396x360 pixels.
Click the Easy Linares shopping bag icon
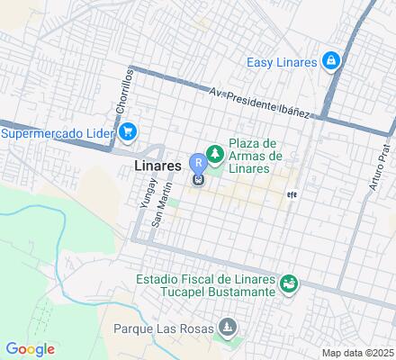point(332,60)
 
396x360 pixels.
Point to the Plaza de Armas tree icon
point(216,154)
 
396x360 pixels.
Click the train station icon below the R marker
point(197,178)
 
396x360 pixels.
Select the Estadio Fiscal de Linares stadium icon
point(289,285)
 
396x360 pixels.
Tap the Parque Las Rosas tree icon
point(228,328)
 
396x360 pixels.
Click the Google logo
point(30,349)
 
